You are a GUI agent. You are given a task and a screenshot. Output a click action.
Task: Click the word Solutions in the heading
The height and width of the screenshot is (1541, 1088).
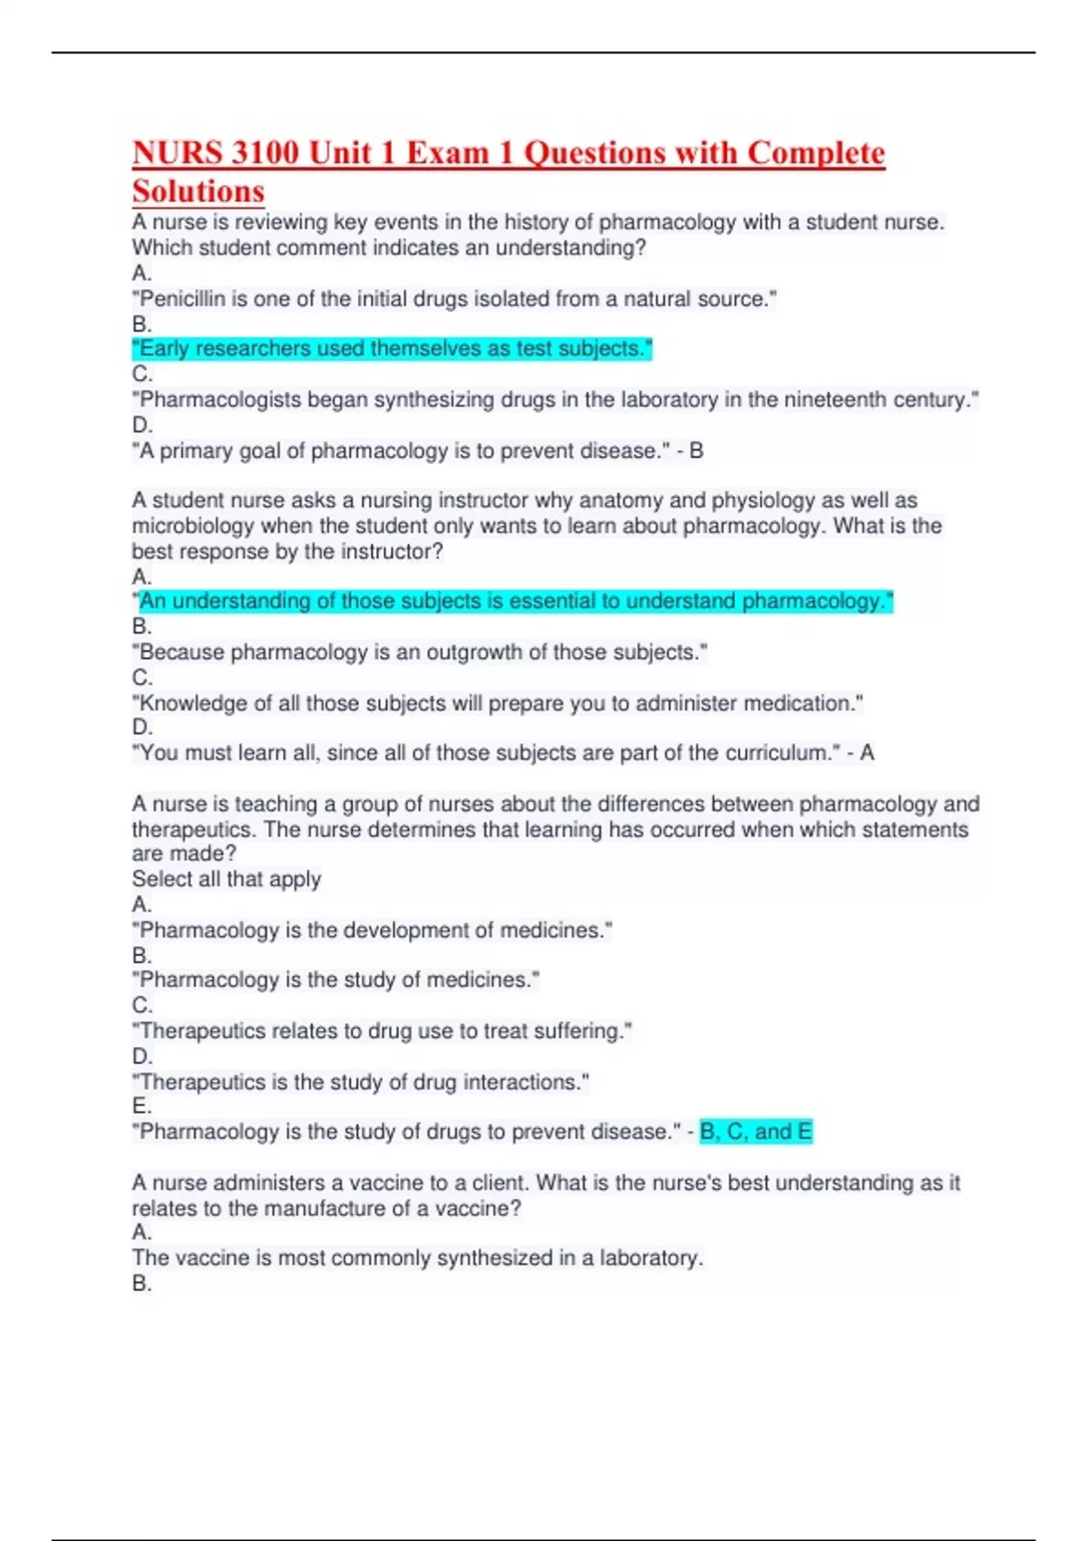(199, 191)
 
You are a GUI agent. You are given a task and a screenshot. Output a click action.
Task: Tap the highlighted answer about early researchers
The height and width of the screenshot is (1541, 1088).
(392, 349)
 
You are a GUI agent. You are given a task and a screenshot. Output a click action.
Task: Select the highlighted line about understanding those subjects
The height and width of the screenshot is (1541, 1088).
(515, 601)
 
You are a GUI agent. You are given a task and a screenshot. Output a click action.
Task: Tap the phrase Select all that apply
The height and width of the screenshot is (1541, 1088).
(227, 879)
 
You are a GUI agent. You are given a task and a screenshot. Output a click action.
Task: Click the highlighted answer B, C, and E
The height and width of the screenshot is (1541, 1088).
(756, 1132)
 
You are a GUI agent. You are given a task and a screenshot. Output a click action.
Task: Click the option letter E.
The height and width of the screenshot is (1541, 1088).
(141, 1106)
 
